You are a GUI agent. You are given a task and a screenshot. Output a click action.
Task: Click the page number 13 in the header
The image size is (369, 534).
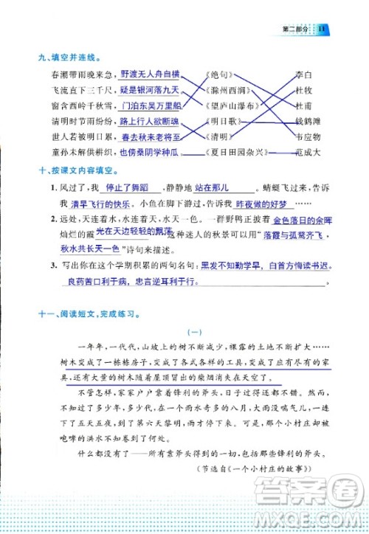(x=322, y=27)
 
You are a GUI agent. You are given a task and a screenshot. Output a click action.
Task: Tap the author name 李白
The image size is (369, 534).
(x=303, y=75)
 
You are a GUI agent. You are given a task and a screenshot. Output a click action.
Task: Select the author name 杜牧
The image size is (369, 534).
(x=303, y=90)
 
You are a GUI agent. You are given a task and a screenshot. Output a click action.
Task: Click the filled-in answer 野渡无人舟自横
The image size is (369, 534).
(x=149, y=74)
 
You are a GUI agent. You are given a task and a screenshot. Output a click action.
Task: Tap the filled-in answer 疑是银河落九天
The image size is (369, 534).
(x=149, y=90)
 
